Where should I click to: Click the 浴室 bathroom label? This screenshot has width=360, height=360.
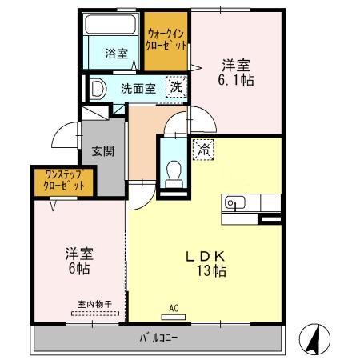coord(116,54)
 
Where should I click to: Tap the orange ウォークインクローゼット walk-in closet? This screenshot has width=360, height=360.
coord(166,40)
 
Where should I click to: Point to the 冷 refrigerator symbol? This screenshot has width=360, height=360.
coord(203,150)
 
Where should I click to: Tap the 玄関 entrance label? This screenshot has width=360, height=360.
coord(102,151)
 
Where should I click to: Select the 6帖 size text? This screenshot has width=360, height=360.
coord(78,269)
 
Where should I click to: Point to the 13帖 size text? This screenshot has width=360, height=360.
coord(210,271)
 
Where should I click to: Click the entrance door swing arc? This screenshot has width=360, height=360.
coord(64,138)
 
